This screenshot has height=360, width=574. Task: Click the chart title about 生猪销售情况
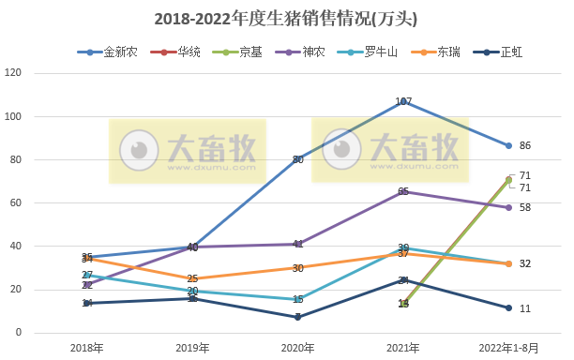tap(285, 19)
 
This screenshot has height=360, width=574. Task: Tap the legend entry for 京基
tap(250, 52)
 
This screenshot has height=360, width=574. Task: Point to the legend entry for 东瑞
tap(448, 52)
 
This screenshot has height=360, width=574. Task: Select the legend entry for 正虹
tap(511, 52)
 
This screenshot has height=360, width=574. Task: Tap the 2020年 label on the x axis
tap(298, 348)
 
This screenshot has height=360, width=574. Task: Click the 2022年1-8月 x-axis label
tap(508, 348)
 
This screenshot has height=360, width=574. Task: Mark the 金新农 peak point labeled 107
tap(403, 101)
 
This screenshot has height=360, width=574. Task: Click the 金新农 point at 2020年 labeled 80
tap(298, 159)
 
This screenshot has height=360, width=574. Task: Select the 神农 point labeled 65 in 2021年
tap(403, 192)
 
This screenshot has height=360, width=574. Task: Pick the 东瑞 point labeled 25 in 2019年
tap(192, 278)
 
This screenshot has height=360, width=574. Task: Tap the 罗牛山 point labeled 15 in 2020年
tap(298, 300)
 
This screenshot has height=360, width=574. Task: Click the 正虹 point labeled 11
tap(508, 308)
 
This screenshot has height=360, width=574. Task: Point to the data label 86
tap(525, 146)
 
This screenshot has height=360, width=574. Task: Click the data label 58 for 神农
tap(525, 207)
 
